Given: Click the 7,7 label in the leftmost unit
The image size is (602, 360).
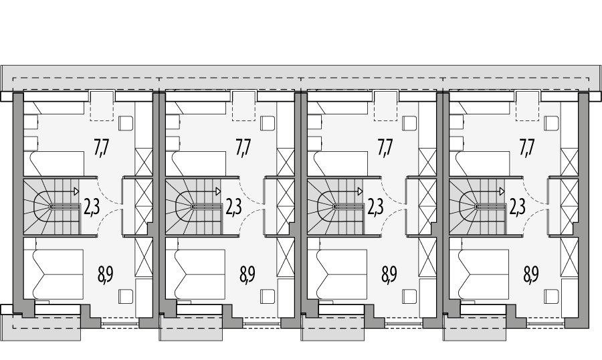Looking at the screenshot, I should tap(102, 147).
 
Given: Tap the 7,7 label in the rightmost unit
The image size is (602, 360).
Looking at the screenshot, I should tap(527, 147).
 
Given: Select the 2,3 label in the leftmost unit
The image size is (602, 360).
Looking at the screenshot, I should tap(92, 207).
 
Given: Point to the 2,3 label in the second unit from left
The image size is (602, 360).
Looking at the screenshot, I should tap(233, 207).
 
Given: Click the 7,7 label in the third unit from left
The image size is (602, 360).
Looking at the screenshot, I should tap(385, 147).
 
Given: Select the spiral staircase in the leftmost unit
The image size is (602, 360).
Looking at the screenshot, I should tap(51, 207).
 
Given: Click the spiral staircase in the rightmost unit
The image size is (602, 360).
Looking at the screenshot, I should tap(476, 207).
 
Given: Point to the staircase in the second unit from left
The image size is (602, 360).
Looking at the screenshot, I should tap(193, 207).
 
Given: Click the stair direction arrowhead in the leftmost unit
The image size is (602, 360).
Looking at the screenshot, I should tap(76, 191).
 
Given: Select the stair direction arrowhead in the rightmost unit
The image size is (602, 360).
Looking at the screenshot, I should tap(502, 191).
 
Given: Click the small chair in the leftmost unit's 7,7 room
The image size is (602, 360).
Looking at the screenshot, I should tap(126, 124).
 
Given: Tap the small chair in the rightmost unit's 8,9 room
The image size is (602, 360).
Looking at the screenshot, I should tap(552, 295).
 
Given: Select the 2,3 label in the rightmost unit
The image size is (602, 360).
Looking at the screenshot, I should tap(517, 207).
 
